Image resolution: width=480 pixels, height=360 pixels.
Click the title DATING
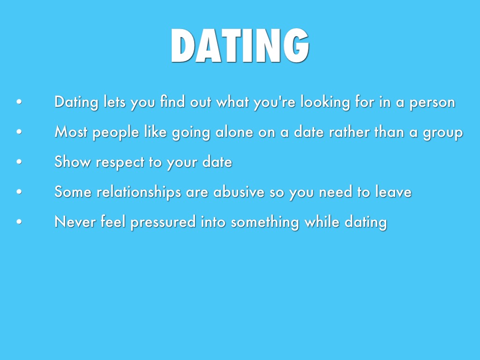coord(240,45)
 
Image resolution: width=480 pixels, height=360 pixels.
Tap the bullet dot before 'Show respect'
coord(19,162)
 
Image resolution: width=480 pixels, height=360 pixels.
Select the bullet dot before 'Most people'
coord(19,132)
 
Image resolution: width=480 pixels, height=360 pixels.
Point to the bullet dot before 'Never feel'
coord(19,222)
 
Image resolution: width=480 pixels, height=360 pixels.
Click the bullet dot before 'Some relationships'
coord(19,192)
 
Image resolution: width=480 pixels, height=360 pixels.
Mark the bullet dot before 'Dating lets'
coord(19,102)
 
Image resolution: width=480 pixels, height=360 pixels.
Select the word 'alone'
coord(234,132)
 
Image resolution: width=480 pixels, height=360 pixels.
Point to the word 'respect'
coord(120,163)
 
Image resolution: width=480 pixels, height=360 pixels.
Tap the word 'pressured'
coord(163,222)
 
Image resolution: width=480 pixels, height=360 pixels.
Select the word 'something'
coord(265,222)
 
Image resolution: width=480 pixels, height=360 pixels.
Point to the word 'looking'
coord(325,102)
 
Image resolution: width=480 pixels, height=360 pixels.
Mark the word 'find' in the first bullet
coord(172,101)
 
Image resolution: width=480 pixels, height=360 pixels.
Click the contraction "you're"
coord(275,102)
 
